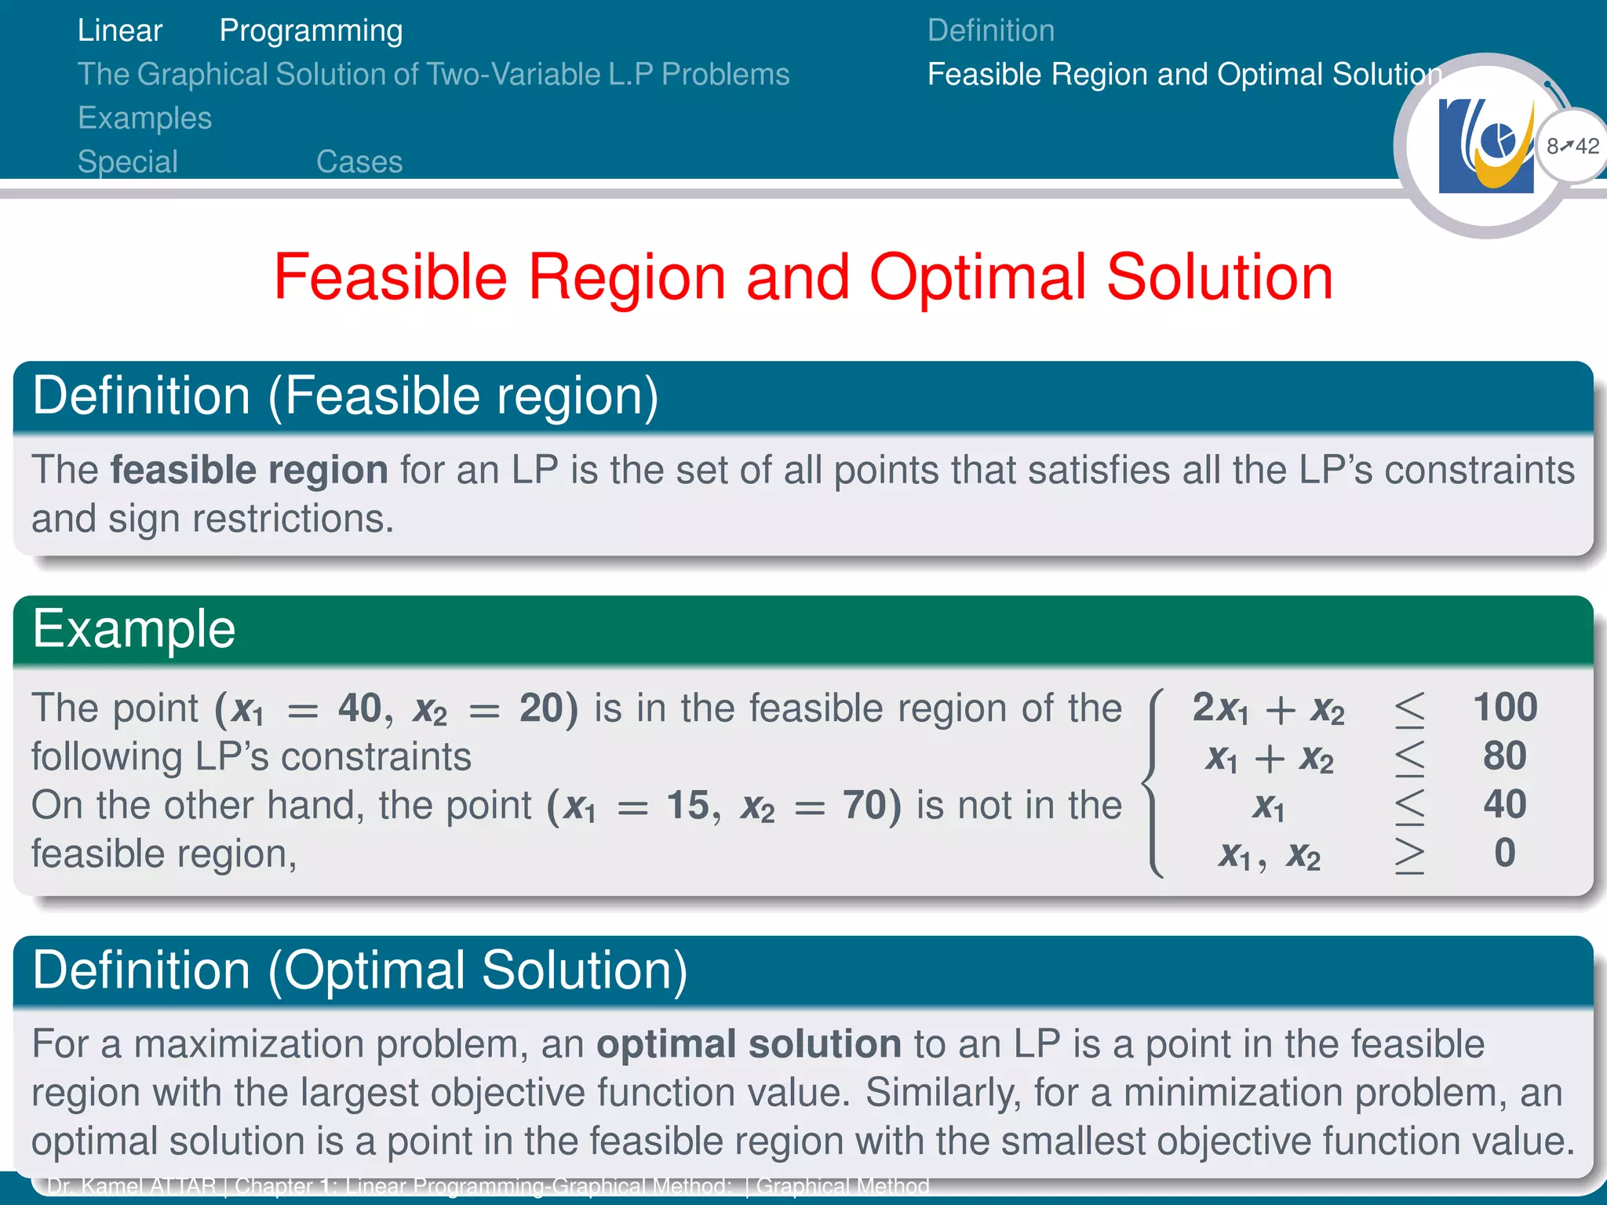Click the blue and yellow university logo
click(1485, 146)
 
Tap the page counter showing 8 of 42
click(1572, 146)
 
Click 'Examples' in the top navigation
click(144, 118)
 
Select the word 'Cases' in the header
click(359, 162)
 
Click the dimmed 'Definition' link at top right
click(990, 31)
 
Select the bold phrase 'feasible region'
click(249, 470)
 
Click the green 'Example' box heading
click(133, 629)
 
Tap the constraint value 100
click(1504, 707)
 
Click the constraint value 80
click(1504, 755)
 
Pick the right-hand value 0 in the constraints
click(1504, 853)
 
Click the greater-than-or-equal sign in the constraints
click(1409, 854)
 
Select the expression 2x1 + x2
click(1268, 708)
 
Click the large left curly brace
click(1153, 781)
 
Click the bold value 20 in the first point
click(542, 708)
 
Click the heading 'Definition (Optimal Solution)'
click(359, 970)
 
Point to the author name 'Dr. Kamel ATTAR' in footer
click(131, 1185)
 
